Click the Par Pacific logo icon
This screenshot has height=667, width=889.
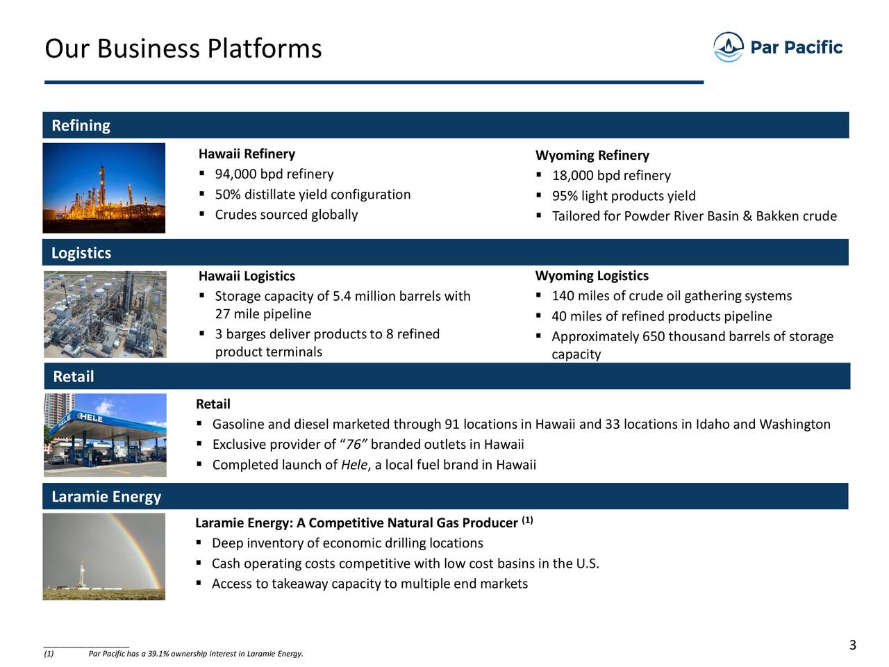[x=728, y=47]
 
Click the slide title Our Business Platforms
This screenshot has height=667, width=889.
[x=183, y=48]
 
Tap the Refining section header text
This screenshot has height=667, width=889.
[x=81, y=126]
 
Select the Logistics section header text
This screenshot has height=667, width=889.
[x=81, y=253]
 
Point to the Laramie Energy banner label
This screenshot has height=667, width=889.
[x=106, y=497]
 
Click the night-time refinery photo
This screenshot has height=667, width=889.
[x=103, y=188]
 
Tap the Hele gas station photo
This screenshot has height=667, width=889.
[x=105, y=435]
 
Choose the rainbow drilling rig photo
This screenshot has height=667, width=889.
[x=103, y=557]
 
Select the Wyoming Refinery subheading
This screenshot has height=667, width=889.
[x=592, y=155]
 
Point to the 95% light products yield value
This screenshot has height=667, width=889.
[x=565, y=196]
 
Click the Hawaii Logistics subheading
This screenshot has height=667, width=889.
[x=247, y=276]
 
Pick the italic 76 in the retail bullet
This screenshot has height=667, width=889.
[x=354, y=445]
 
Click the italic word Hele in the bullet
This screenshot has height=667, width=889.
[x=354, y=465]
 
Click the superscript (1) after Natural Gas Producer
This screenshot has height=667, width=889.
[x=527, y=520]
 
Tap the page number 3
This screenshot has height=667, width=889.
[x=853, y=645]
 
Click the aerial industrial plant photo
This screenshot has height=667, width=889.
[x=105, y=314]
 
